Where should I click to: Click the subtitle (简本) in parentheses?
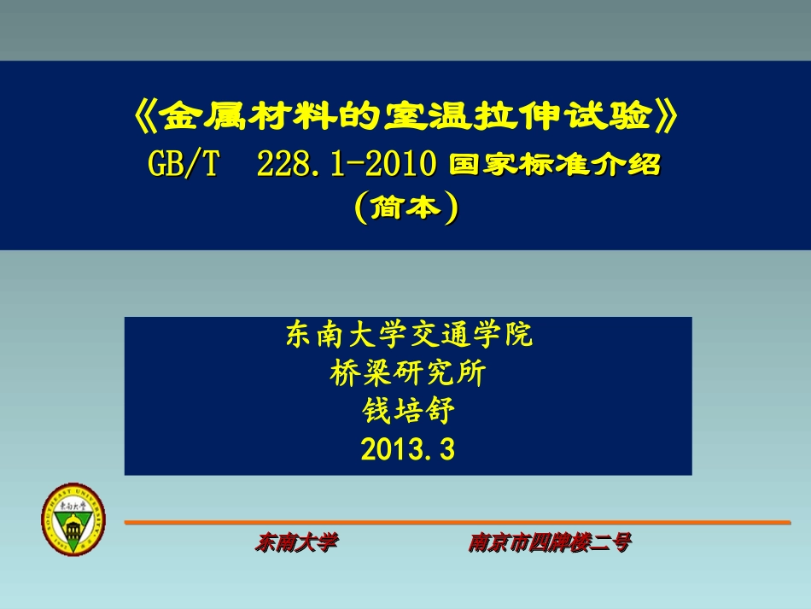tap(405, 208)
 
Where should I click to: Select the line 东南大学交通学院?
tap(408, 336)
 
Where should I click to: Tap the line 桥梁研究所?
tap(408, 373)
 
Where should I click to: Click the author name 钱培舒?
tap(408, 411)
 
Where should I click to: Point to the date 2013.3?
tap(408, 449)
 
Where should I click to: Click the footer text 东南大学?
tap(296, 542)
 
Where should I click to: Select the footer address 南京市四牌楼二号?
tap(549, 542)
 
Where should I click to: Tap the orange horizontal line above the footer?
tap(457, 522)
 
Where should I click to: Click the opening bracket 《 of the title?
tap(147, 117)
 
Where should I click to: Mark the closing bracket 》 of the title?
tap(668, 117)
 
